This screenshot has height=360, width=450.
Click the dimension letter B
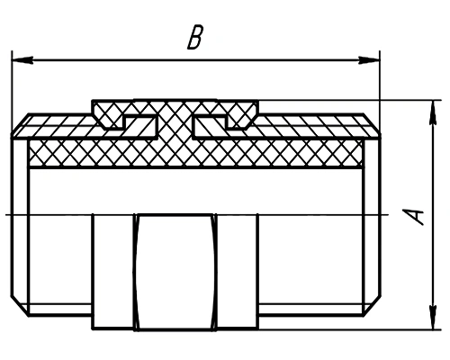coord(195,37)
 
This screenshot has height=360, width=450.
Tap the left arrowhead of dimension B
coord(22,59)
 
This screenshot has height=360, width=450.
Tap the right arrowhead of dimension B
coord(369,59)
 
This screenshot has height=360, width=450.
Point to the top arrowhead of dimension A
coord(433,111)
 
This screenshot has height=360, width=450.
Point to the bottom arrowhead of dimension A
coord(433,319)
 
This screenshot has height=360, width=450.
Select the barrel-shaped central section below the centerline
coord(175,273)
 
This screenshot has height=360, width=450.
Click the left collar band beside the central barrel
coord(113,272)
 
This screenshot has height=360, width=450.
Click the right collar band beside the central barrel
coord(237,272)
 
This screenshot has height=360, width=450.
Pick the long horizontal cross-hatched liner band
coord(195,153)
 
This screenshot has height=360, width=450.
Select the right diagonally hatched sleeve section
coord(300,127)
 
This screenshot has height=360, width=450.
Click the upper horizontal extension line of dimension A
coord(349,100)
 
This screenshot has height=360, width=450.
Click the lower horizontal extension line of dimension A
coord(349,329)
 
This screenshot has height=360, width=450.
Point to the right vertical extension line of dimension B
coord(380,93)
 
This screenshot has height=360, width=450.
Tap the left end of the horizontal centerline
coord(6,214)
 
